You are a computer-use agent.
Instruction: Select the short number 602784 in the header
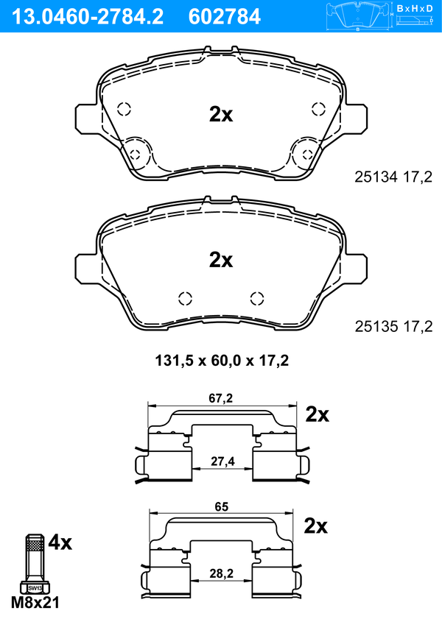click(225, 15)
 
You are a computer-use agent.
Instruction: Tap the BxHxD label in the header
click(415, 8)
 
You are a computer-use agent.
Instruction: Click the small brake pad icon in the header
click(358, 15)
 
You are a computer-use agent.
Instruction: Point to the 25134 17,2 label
click(393, 177)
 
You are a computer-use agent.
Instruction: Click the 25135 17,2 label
click(393, 325)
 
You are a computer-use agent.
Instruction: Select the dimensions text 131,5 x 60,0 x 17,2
click(221, 361)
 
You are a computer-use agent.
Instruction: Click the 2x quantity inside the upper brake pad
click(221, 114)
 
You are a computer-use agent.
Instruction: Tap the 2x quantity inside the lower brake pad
click(221, 260)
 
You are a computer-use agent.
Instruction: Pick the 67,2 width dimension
click(221, 398)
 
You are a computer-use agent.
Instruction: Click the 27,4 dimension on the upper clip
click(221, 461)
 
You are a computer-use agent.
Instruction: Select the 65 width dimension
click(221, 507)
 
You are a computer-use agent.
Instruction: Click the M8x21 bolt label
click(35, 602)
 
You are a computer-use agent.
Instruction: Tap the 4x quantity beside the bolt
click(60, 543)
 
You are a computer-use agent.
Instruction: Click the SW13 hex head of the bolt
click(35, 588)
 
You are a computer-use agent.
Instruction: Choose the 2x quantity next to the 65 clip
click(316, 526)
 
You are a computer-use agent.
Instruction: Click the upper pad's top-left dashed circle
click(124, 107)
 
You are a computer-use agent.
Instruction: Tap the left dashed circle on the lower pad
click(185, 298)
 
